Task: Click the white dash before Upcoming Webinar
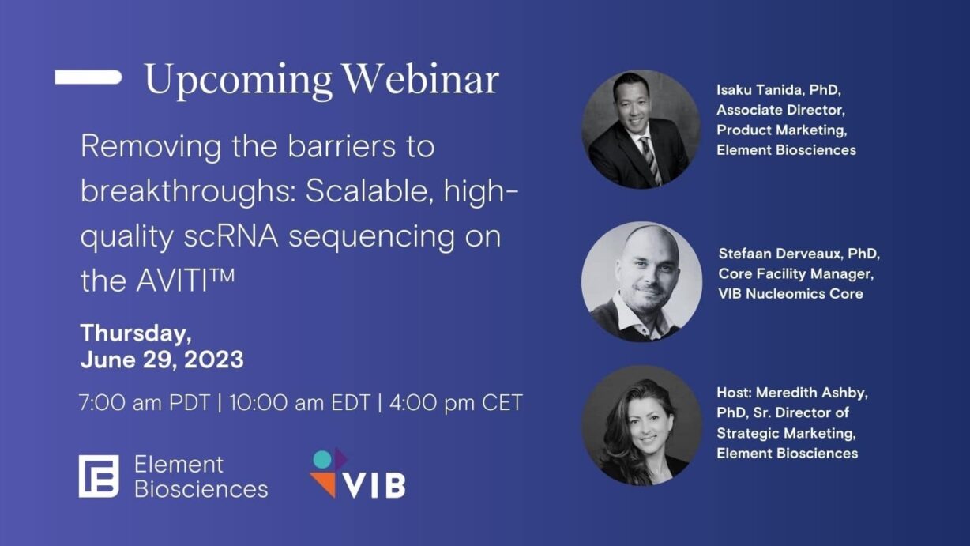[88, 77]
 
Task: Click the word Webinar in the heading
[421, 79]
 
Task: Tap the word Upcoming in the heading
[238, 81]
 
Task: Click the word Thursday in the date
[135, 333]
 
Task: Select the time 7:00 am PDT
[144, 403]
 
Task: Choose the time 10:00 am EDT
[299, 403]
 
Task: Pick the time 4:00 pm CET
[454, 403]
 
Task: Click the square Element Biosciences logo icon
[99, 476]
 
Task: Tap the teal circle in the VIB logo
[322, 459]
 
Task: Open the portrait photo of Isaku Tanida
[641, 130]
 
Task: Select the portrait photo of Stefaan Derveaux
[641, 281]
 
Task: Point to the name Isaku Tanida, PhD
[773, 90]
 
